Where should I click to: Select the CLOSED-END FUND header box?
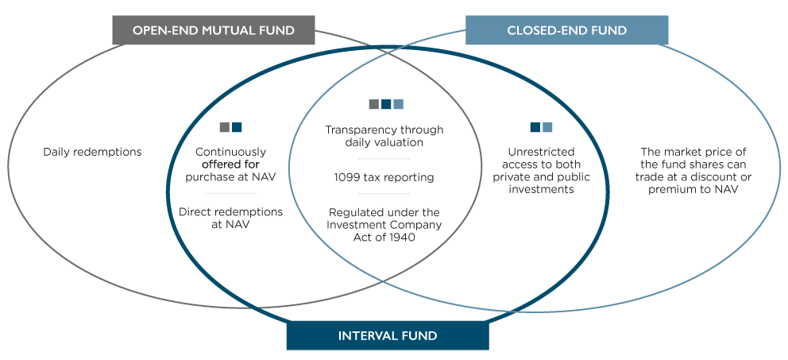566,31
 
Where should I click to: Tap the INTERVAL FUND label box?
388,336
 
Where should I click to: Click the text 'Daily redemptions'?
92,151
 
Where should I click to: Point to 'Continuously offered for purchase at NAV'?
230,164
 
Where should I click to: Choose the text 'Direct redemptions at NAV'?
230,219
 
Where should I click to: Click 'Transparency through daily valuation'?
384,136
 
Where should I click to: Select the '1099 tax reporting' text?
384,177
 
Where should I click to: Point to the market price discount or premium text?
693,170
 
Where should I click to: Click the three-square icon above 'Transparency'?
386,105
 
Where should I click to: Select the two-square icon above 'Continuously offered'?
231,127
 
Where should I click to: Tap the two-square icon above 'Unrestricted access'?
541,127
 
